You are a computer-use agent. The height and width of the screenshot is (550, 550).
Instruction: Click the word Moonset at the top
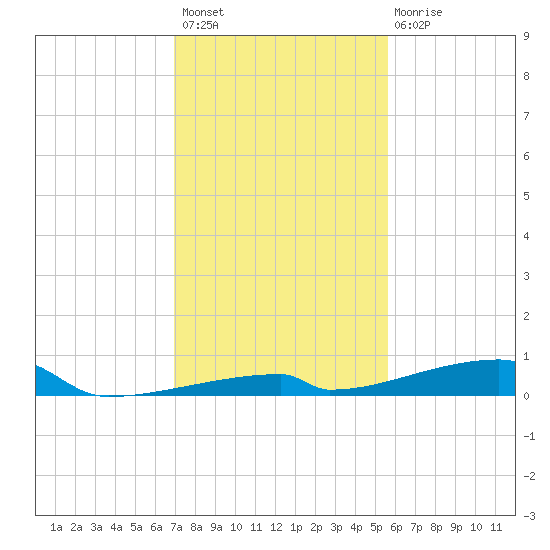203,12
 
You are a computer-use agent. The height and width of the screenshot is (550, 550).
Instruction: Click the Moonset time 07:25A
200,25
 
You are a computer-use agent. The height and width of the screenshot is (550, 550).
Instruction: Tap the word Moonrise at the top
418,12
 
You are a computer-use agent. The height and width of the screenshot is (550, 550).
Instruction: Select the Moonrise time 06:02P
412,25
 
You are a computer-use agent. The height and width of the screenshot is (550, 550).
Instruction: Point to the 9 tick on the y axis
526,36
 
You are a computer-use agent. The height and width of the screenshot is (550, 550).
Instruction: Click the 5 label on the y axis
526,196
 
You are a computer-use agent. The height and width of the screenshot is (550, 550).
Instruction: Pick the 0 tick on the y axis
526,396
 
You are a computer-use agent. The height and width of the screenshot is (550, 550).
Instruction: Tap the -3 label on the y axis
529,516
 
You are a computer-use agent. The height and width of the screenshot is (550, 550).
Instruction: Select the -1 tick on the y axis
529,436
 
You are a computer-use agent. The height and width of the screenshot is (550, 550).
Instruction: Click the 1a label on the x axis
56,527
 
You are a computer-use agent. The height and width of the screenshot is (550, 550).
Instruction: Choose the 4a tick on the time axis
116,527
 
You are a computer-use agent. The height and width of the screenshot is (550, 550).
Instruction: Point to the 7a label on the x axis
176,527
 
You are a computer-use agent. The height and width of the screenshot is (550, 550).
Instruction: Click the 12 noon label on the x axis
276,527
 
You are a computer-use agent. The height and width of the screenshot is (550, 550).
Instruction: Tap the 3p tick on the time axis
336,527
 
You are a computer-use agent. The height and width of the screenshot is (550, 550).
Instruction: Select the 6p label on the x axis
396,527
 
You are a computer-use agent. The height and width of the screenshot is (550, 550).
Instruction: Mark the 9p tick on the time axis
456,527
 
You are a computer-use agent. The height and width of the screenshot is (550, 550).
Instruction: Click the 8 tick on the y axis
526,76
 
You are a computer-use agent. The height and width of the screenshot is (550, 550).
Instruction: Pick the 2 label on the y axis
526,316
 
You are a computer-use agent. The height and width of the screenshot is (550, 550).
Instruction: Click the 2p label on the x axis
316,527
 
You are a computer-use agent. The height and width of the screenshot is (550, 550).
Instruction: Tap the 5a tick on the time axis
136,527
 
